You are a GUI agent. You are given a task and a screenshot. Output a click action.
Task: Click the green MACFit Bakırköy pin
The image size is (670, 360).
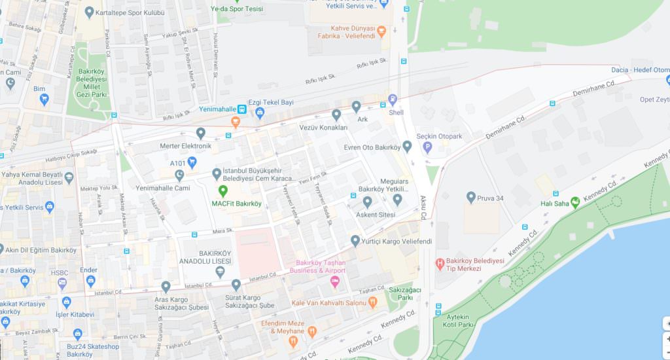[x=222, y=191]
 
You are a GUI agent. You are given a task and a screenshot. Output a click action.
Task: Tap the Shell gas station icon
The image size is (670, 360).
[x=393, y=100]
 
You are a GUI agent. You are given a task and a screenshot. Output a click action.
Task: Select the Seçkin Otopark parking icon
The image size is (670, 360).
[x=427, y=147]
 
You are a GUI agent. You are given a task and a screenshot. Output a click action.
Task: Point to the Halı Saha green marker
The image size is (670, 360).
[x=575, y=202]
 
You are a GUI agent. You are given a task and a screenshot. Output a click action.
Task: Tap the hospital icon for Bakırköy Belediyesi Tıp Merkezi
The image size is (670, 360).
[x=440, y=264]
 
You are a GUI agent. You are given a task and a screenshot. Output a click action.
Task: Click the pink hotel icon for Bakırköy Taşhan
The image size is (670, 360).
[x=335, y=282]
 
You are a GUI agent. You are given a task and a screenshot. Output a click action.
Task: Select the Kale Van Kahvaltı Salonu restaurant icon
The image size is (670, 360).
[x=373, y=302]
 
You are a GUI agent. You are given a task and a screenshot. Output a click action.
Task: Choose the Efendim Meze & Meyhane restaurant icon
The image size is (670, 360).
[x=311, y=332]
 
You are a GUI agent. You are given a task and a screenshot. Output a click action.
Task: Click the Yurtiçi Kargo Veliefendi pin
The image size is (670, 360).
[x=355, y=241]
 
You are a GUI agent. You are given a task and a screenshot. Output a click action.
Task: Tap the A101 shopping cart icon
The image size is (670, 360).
[x=192, y=161]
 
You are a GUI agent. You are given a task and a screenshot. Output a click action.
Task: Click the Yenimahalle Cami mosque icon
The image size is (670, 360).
[x=180, y=175]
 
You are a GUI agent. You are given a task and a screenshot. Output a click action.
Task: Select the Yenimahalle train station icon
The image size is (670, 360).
[x=242, y=109]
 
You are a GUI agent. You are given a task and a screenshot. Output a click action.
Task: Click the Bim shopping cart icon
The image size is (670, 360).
[x=44, y=99]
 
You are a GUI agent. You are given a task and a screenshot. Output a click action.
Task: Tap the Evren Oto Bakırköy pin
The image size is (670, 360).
[x=407, y=147]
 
